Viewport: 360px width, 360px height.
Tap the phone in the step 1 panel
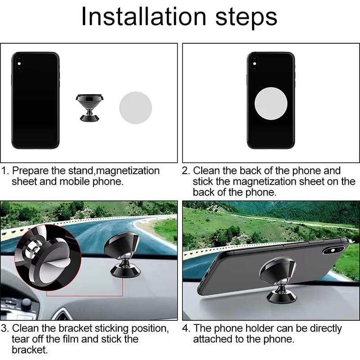[36, 100]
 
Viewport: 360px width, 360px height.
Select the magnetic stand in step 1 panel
[90, 107]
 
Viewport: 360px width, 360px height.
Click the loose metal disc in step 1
[135, 108]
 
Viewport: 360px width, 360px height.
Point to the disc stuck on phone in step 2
[271, 102]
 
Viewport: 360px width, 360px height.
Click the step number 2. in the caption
[186, 171]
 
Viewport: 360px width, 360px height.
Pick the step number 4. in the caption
[186, 328]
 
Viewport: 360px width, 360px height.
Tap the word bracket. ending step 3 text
[30, 350]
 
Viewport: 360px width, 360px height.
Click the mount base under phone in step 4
[278, 295]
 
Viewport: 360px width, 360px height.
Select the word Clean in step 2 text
[207, 171]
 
